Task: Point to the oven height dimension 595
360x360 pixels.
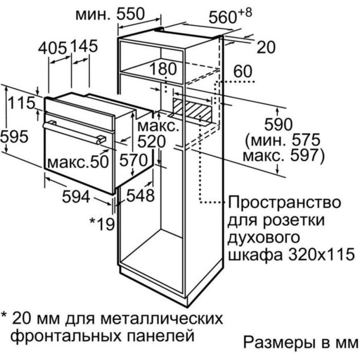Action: click(14, 137)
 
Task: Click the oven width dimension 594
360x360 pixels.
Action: click(76, 197)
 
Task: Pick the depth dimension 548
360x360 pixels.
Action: click(140, 195)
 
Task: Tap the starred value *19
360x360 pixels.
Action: click(102, 224)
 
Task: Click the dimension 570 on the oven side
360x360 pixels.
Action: click(133, 160)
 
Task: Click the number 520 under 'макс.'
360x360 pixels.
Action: click(151, 141)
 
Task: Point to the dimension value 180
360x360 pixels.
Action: click(163, 68)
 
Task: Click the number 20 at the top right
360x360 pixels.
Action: click(266, 47)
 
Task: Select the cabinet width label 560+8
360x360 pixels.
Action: click(230, 15)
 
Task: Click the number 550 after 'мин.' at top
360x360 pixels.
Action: click(131, 14)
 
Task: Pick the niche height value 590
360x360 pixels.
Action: click(279, 124)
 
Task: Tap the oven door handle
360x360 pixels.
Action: click(75, 133)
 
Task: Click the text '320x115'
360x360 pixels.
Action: click(321, 254)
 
